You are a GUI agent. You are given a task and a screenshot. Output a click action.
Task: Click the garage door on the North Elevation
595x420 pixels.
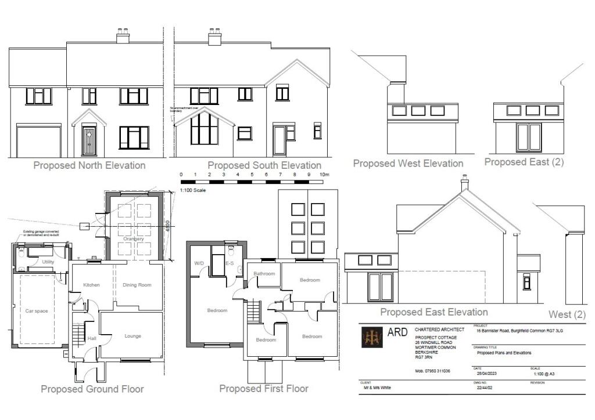click(39, 141)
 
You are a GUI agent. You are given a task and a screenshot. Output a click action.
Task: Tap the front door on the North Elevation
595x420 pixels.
click(89, 140)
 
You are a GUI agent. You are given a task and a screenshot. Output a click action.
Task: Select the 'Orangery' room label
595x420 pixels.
click(133, 238)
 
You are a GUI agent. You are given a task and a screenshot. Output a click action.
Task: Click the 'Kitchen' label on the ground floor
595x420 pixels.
click(92, 285)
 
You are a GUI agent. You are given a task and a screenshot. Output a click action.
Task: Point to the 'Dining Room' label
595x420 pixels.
click(137, 285)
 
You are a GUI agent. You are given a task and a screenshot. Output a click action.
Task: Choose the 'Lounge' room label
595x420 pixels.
click(133, 336)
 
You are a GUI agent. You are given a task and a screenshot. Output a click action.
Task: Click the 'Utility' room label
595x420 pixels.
click(48, 262)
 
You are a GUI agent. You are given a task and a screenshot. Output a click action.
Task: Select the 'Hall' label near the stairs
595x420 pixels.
click(91, 338)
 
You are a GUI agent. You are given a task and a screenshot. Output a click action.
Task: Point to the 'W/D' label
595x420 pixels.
click(199, 263)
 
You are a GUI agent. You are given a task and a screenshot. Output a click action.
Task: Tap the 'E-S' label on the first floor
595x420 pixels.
click(230, 263)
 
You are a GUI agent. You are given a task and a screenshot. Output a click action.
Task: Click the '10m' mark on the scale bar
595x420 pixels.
click(324, 174)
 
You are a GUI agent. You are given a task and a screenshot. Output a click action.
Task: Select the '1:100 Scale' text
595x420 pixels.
click(193, 190)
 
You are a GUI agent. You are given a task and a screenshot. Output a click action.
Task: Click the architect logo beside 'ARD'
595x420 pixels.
click(372, 337)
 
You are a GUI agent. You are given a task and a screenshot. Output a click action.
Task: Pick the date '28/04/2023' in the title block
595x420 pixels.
click(486, 373)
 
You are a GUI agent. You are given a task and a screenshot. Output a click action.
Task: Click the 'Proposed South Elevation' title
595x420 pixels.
click(264, 165)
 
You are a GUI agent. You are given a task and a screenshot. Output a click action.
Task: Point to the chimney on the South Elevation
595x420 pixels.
click(215, 38)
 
